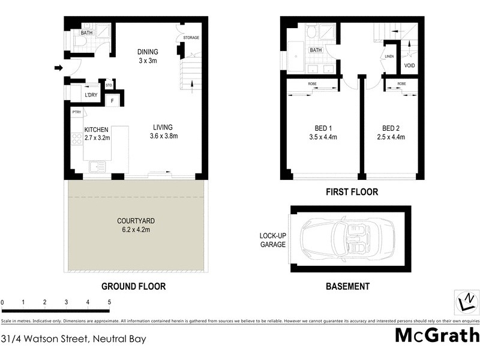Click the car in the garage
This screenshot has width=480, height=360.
(x=346, y=239)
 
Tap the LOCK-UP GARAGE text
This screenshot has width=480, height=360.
(x=272, y=240)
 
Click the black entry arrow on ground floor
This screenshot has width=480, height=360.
(x=58, y=68)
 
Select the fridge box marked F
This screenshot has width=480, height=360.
(x=112, y=100)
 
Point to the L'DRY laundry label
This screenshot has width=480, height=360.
(x=91, y=95)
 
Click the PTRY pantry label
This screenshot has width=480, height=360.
(x=76, y=112)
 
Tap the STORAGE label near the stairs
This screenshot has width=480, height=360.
(x=191, y=38)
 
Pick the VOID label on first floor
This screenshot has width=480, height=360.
(x=410, y=65)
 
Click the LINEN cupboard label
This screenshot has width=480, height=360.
(x=388, y=58)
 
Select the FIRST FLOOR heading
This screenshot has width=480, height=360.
(x=352, y=192)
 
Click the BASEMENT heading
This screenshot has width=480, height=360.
(x=347, y=287)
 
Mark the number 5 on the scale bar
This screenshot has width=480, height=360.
(x=109, y=301)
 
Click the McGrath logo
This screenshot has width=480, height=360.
(x=437, y=335)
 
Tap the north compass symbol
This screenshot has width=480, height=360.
(x=466, y=300)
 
